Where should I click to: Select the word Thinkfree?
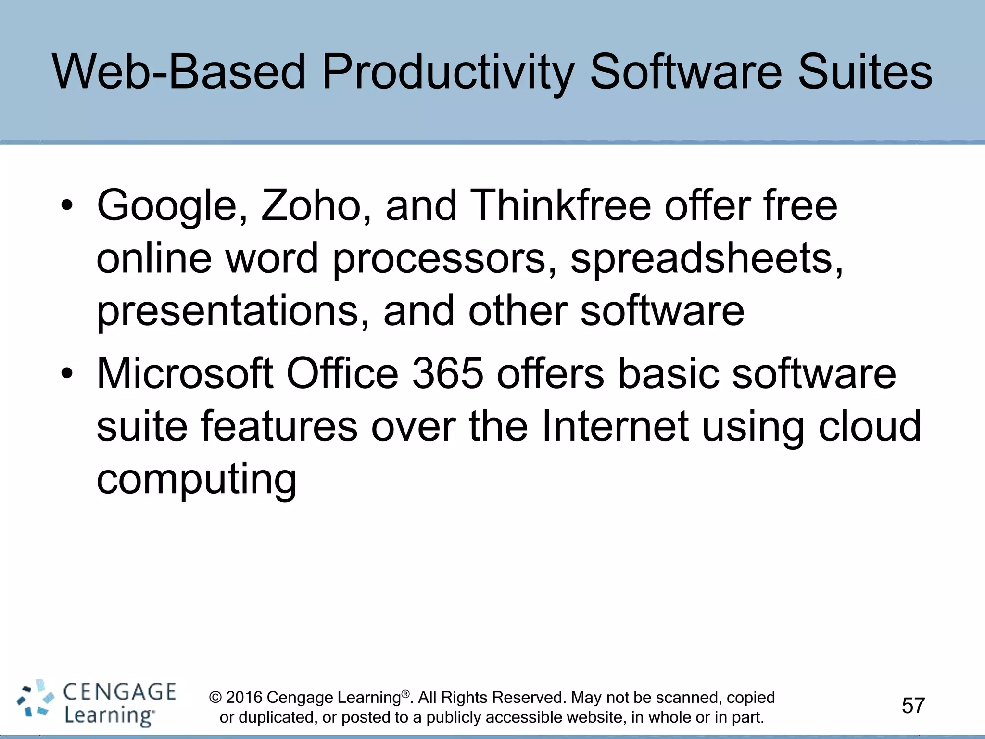click(x=560, y=206)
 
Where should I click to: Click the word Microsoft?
click(x=185, y=374)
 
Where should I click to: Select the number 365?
click(x=448, y=374)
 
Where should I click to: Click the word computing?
click(x=197, y=479)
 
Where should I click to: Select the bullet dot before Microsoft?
click(x=67, y=374)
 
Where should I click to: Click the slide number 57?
click(x=913, y=705)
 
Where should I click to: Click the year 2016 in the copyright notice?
click(x=244, y=697)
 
